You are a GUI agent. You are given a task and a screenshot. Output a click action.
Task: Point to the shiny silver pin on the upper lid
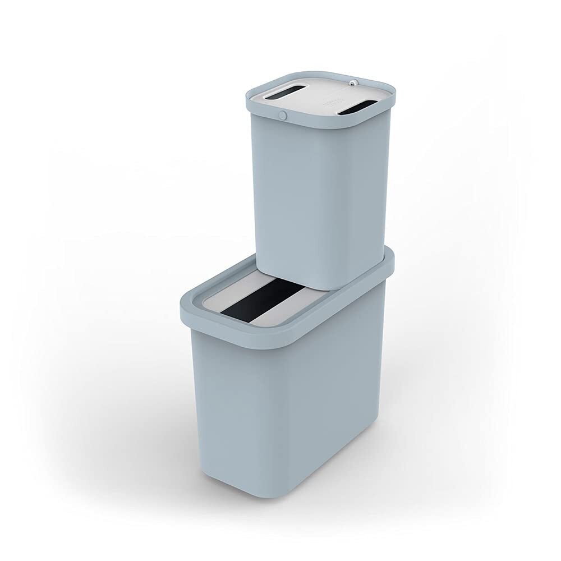(x=351, y=82)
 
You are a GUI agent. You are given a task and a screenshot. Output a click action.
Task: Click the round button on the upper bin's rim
(x=283, y=116)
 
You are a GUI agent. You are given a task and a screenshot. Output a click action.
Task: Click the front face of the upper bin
(x=292, y=202)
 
